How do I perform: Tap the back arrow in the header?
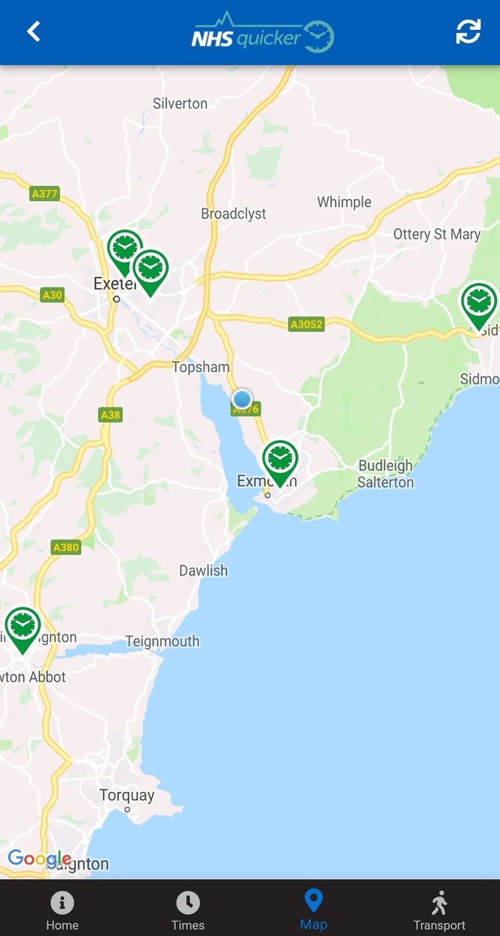coord(34,31)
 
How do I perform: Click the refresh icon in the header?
coord(468,31)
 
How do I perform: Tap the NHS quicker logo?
coord(262,34)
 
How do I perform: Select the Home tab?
coord(62,910)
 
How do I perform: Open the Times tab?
coord(188,910)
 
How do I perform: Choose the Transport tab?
coord(439,910)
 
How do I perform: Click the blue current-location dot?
coord(242,399)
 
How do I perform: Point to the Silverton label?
coord(180,104)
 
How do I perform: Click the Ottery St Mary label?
coord(436,235)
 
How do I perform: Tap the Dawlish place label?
coord(203,570)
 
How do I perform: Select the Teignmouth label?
coord(162,641)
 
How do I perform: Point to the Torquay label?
coord(127,795)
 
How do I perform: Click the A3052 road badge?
coord(306,324)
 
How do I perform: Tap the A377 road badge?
coord(45,194)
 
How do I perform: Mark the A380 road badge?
coord(66,547)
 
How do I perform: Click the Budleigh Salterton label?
coord(385,474)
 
